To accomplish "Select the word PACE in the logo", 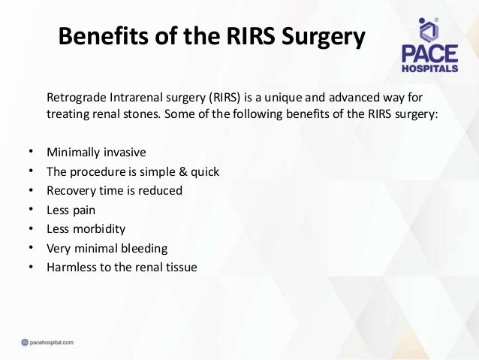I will tap(426, 54).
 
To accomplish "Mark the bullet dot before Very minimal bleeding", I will tap(29, 248).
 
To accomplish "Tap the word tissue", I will tap(181, 267).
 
